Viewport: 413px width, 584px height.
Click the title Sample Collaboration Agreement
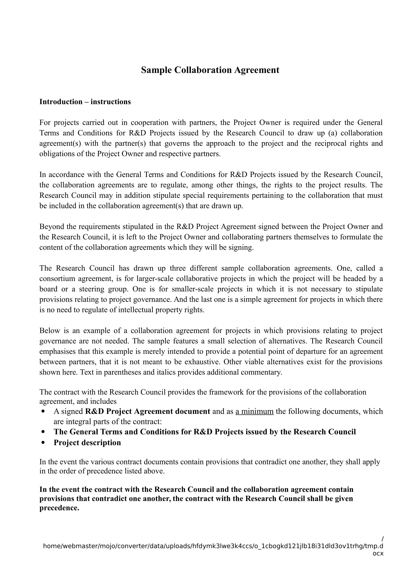[210, 70]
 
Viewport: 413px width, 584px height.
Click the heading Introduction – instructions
[85, 102]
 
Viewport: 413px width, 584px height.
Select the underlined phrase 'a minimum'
[254, 411]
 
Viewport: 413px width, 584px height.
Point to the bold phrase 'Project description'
[87, 443]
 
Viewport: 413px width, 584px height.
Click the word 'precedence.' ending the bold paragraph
[59, 508]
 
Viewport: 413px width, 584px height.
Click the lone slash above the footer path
[383, 539]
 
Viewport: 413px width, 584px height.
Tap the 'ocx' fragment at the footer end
[378, 553]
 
